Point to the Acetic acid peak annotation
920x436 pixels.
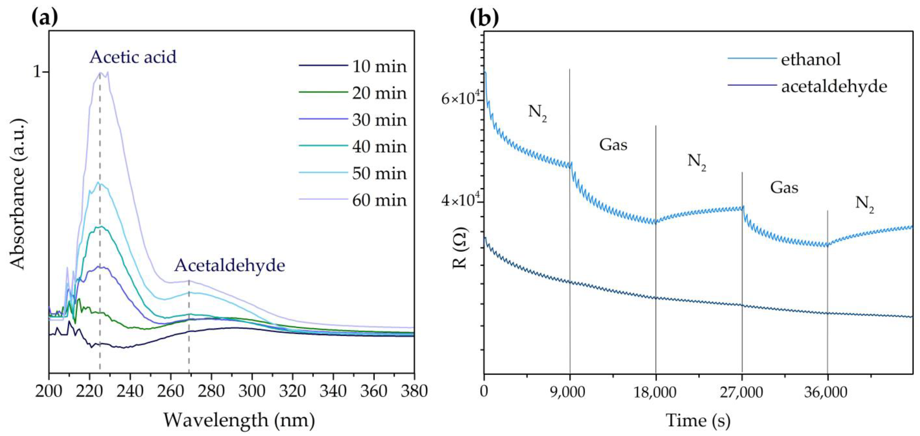(133, 57)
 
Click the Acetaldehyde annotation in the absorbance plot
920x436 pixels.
(230, 265)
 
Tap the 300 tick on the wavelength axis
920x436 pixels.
(252, 391)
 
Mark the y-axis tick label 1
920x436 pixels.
(38, 72)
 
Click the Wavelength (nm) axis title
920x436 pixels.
(239, 420)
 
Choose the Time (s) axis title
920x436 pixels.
(698, 420)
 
